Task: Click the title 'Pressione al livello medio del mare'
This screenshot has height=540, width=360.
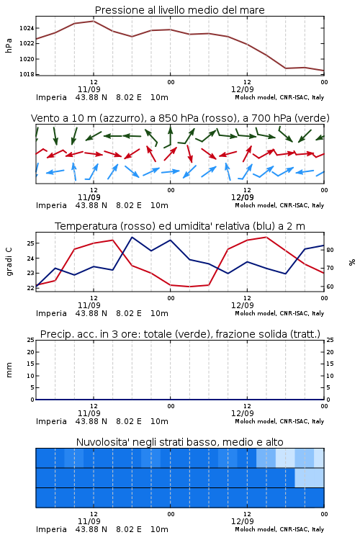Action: point(179,10)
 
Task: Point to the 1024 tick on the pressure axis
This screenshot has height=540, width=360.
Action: point(27,28)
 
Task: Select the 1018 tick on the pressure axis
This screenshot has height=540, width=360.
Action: point(27,74)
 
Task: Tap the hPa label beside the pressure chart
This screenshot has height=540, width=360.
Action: point(9,46)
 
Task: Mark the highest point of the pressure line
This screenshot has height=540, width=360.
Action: point(94,21)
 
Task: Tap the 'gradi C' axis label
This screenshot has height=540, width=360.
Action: point(9,261)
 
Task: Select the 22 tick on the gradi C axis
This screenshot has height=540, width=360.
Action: point(30,288)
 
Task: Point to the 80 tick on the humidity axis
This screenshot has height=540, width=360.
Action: point(330,250)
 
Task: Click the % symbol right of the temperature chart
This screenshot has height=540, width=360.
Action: point(352,262)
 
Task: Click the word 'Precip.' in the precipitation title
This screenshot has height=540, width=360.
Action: point(52,334)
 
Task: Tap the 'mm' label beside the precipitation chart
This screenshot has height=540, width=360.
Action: point(9,370)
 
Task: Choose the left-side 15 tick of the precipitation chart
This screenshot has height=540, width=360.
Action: point(30,364)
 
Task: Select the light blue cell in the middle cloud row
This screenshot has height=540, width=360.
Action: point(310,477)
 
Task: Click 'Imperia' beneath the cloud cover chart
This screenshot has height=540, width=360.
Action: point(51,529)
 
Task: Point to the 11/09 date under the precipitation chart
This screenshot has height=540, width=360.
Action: point(89,413)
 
